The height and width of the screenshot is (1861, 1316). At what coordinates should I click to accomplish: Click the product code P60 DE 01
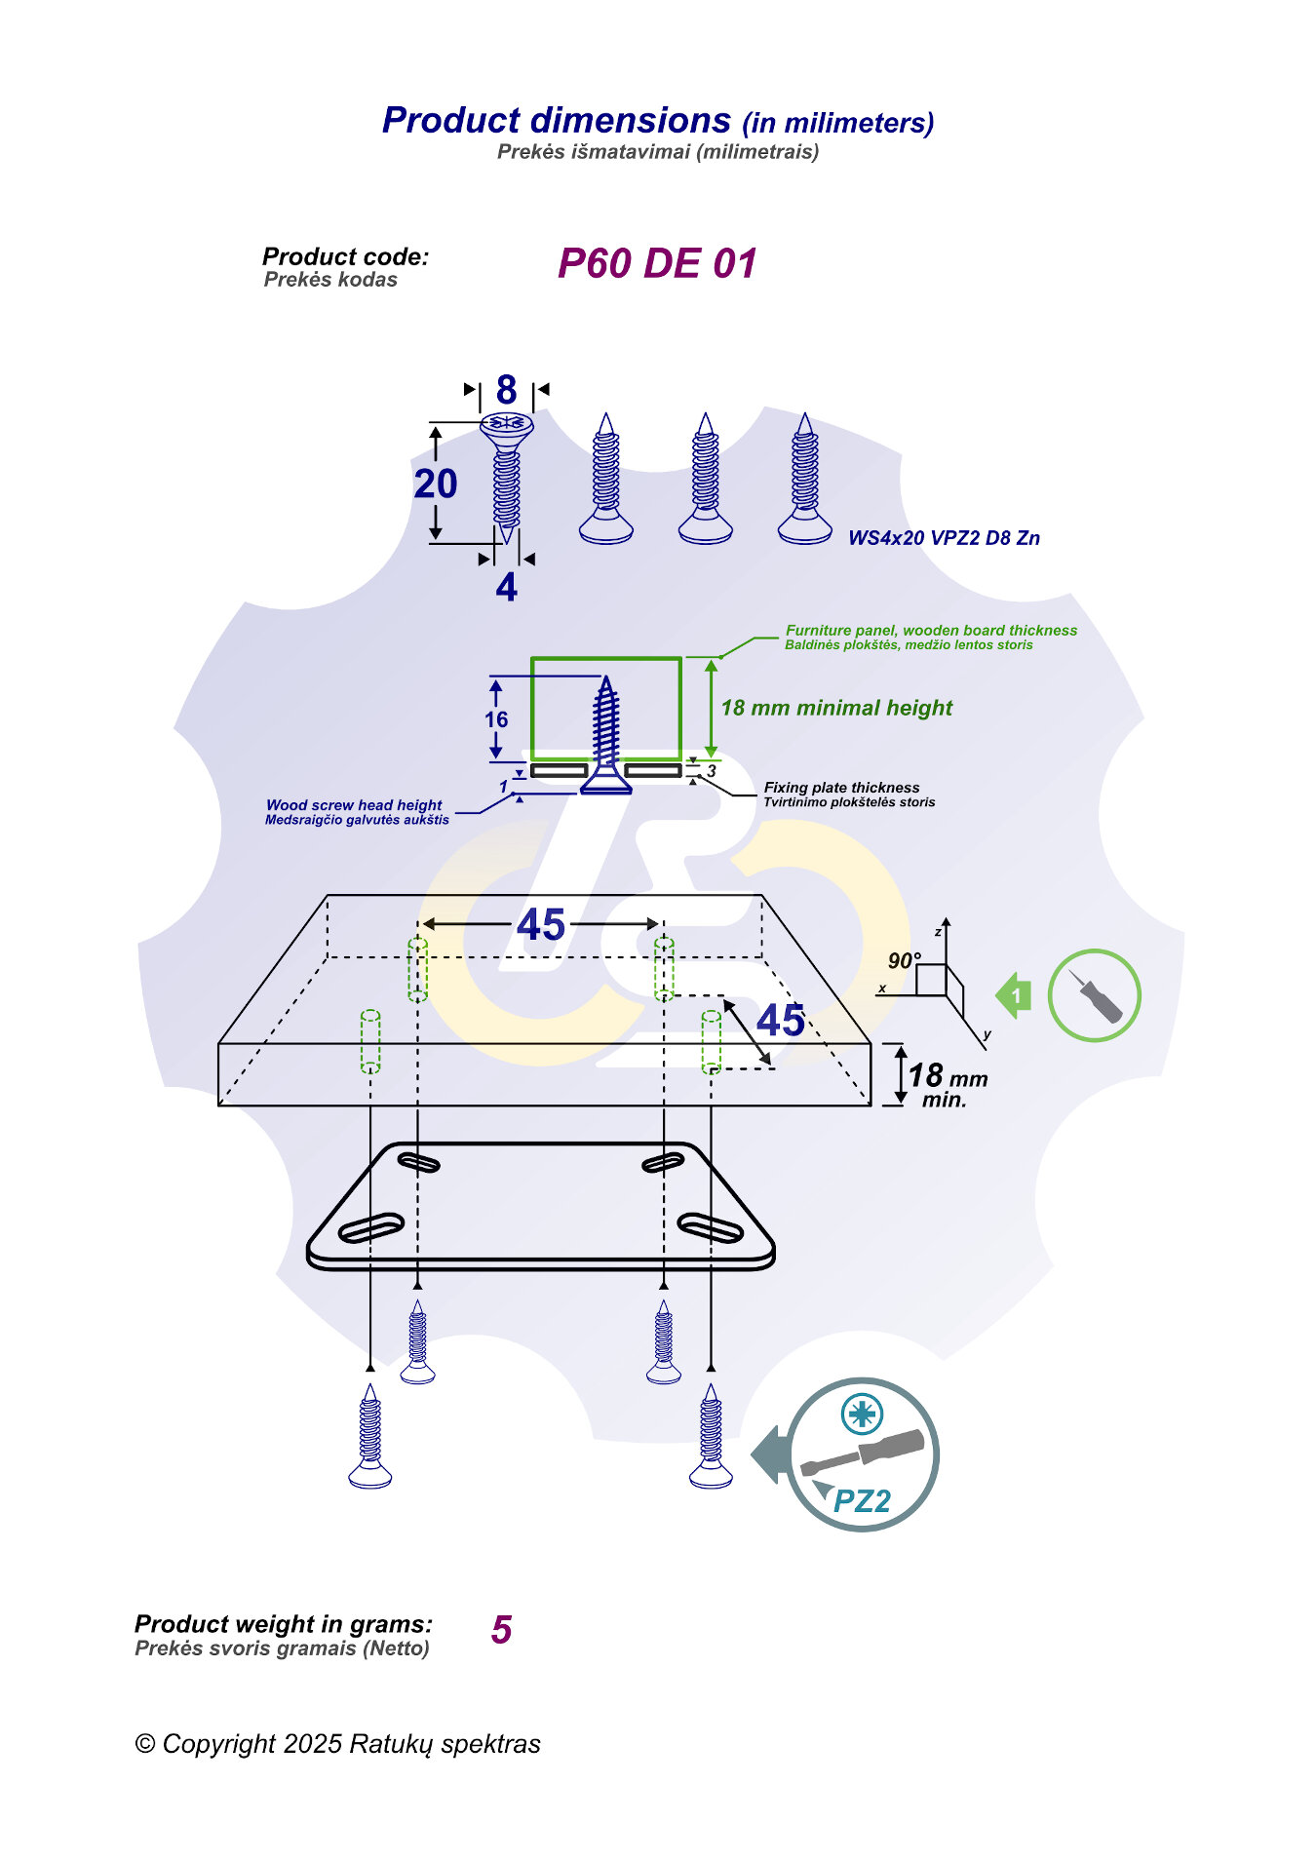[x=656, y=263]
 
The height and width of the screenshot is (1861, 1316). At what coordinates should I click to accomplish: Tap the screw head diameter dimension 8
[x=506, y=390]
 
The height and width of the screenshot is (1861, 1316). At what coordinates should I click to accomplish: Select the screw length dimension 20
[x=436, y=484]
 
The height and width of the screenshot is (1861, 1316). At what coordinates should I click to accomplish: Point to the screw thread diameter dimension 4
[x=506, y=588]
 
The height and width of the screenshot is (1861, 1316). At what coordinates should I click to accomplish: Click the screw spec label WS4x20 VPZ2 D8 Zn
[x=943, y=538]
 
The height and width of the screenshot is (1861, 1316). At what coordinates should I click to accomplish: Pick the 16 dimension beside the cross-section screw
[x=496, y=719]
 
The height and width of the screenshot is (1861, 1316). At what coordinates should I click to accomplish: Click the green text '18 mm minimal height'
[x=836, y=708]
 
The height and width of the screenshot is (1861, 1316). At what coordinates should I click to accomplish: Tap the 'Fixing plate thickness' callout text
[x=841, y=788]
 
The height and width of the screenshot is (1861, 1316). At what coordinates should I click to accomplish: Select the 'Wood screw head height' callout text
[x=354, y=805]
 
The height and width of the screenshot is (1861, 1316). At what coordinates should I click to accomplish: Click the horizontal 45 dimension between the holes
[x=541, y=924]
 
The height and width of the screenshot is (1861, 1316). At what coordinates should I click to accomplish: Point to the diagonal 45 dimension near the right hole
[x=780, y=1021]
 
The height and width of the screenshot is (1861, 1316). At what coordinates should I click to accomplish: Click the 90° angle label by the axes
[x=904, y=961]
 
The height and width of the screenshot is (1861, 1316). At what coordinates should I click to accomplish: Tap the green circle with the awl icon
[x=1094, y=995]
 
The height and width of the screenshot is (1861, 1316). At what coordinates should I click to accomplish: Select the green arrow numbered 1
[x=1014, y=995]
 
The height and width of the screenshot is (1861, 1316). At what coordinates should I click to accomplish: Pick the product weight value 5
[x=501, y=1630]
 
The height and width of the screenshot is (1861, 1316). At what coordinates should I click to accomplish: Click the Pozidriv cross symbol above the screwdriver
[x=862, y=1413]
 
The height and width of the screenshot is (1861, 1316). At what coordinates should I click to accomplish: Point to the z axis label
[x=938, y=932]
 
